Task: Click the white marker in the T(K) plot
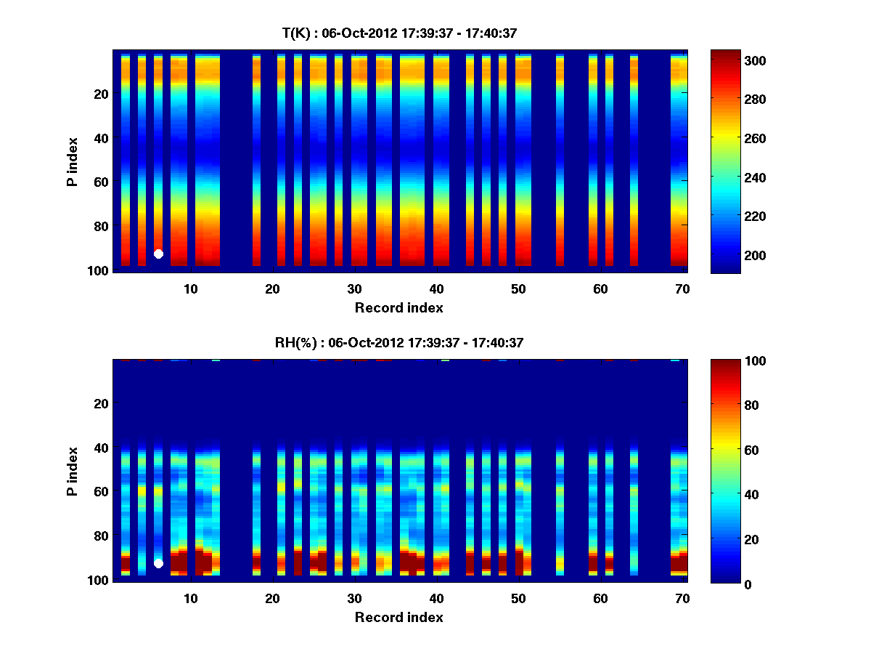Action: click(x=158, y=254)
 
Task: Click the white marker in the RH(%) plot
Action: click(x=158, y=563)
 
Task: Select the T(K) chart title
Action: click(x=399, y=33)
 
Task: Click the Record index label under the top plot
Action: click(x=398, y=307)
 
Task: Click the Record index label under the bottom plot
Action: click(x=398, y=617)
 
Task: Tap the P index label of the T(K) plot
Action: click(x=73, y=161)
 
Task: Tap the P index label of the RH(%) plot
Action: click(x=73, y=471)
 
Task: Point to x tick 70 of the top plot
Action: click(x=682, y=288)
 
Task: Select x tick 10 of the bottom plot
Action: click(x=190, y=598)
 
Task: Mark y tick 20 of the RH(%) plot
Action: click(x=102, y=403)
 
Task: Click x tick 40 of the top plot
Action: click(x=436, y=288)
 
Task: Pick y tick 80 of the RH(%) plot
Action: click(x=102, y=536)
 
